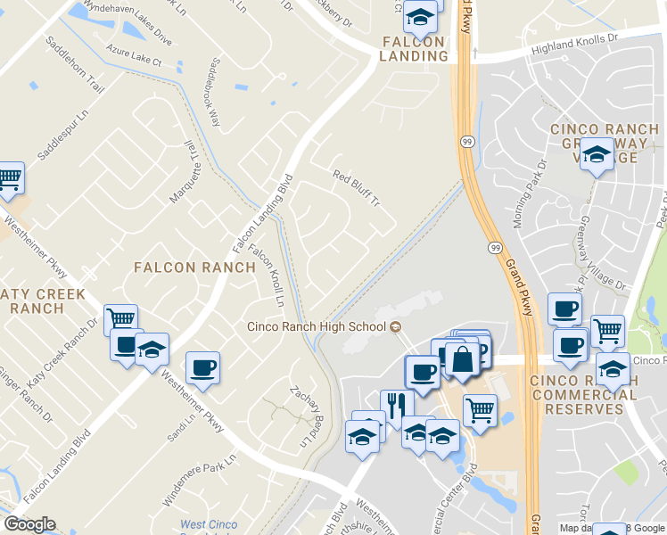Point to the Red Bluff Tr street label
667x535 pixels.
coord(357,187)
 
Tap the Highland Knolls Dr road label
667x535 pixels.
coord(575,45)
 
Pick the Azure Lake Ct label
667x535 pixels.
coord(133,55)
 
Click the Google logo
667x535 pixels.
coord(29,524)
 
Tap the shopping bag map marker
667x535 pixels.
coord(463,360)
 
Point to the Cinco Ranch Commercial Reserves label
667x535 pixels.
coord(589,395)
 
